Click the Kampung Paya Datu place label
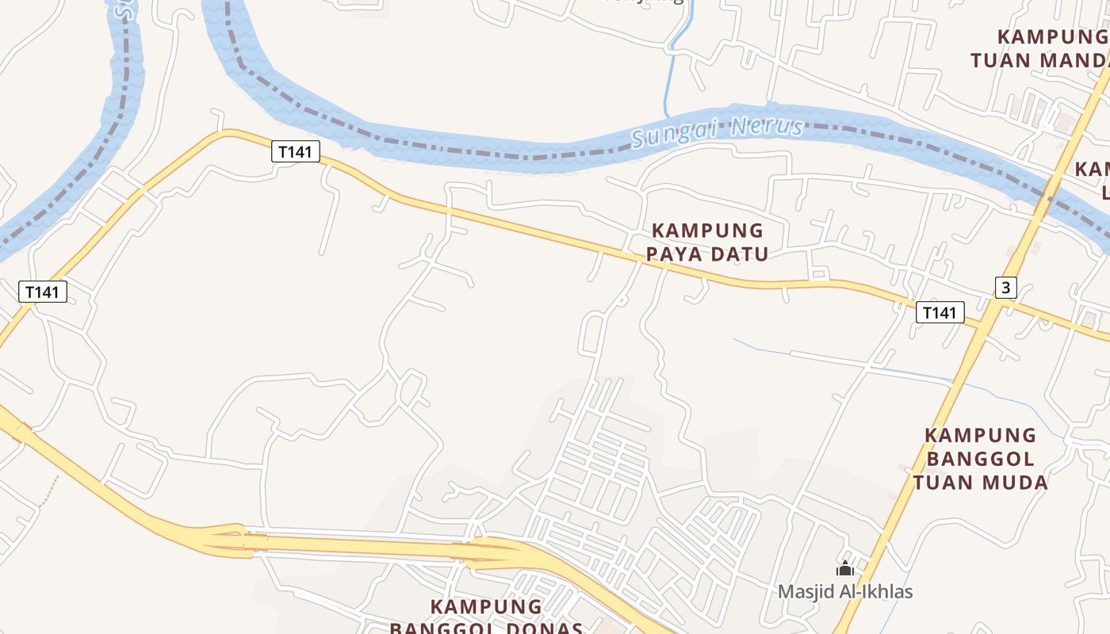tap(707, 242)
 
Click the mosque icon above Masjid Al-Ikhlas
tap(845, 568)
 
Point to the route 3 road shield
tap(1005, 287)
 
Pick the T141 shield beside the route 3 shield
tap(940, 312)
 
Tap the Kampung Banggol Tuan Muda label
tap(980, 458)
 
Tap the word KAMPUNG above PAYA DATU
tap(707, 231)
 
